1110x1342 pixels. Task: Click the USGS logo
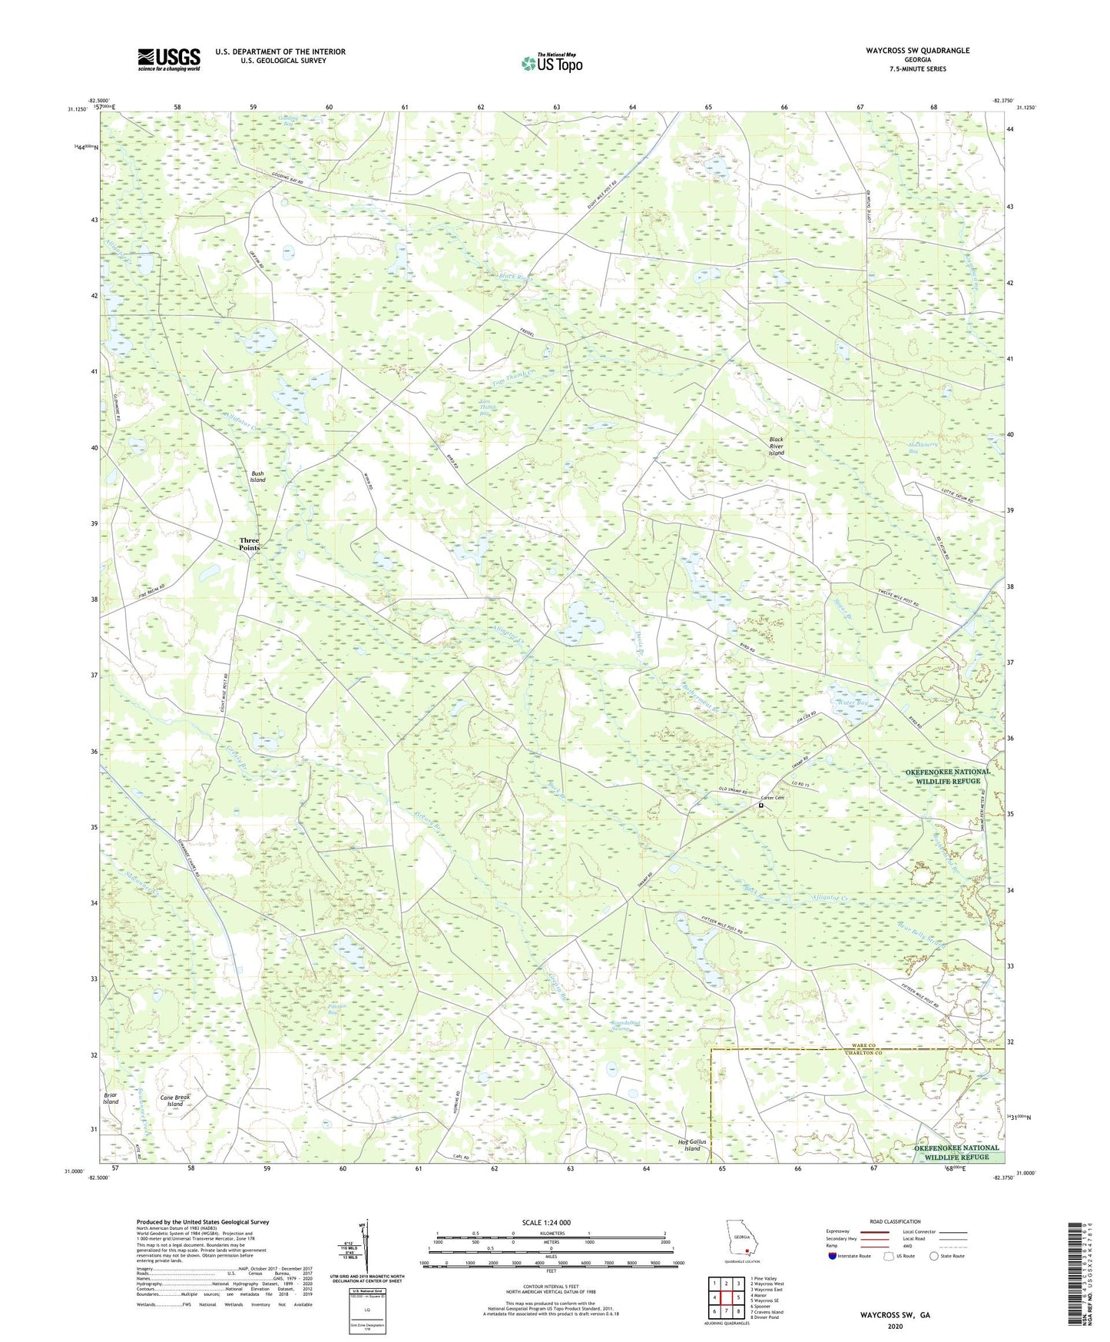coord(169,59)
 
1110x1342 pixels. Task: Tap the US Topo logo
coord(552,64)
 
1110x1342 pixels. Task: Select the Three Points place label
coord(250,544)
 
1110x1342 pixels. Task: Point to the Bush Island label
coord(257,477)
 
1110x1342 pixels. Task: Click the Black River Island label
coord(777,447)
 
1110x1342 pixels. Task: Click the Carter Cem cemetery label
coord(769,798)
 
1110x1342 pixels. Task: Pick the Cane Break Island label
coord(175,1101)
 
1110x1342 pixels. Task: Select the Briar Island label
coord(111,1098)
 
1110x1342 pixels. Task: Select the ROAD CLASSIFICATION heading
coord(894,1221)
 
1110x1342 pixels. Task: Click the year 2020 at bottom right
coord(895,1326)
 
